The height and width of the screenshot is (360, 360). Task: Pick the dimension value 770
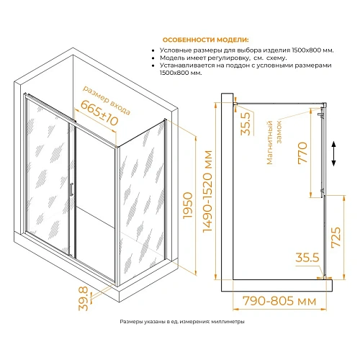[x=302, y=156]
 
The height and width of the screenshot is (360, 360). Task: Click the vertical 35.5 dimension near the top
[x=245, y=124]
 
